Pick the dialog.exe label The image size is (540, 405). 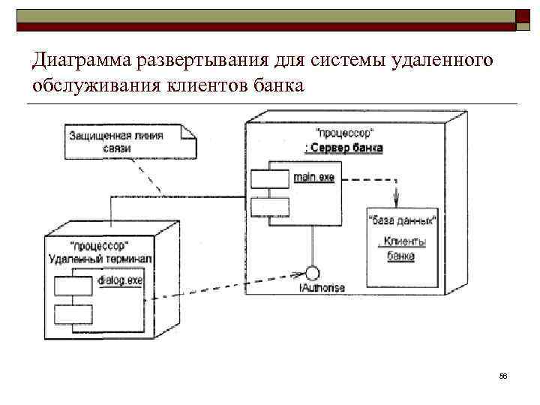click(120, 280)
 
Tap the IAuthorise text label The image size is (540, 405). click(322, 288)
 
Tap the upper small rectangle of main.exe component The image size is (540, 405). click(270, 178)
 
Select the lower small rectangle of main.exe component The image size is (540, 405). click(270, 205)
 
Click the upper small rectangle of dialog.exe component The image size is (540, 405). click(73, 286)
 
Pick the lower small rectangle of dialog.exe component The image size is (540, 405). click(73, 313)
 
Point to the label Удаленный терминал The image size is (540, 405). click(100, 259)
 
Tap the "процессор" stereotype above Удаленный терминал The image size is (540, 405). click(98, 245)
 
